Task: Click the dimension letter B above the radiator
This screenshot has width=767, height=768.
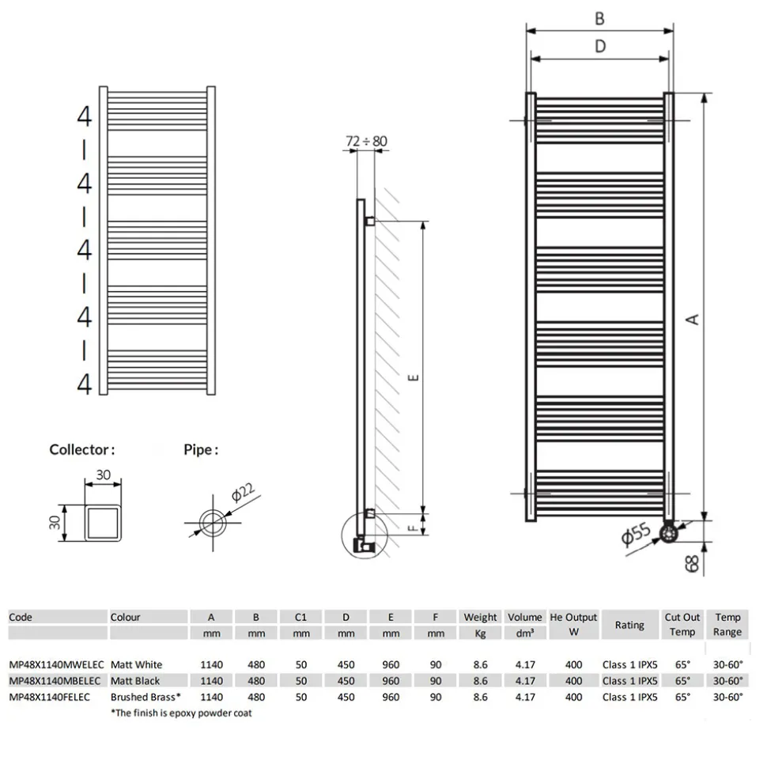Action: (x=599, y=19)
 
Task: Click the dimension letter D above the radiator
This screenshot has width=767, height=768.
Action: (x=600, y=47)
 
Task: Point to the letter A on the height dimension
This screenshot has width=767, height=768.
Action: (x=693, y=320)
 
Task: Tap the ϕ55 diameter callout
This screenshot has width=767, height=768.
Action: (x=636, y=534)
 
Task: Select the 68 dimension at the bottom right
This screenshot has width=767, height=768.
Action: (x=692, y=563)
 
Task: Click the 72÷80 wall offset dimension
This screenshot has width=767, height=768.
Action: (x=366, y=141)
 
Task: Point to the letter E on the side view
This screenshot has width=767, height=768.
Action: (x=414, y=377)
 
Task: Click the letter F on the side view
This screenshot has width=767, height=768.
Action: (x=413, y=528)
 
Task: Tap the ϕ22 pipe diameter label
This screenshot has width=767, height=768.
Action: (x=243, y=492)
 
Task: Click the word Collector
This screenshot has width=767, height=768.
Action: (x=79, y=449)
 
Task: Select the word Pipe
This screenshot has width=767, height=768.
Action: (x=198, y=449)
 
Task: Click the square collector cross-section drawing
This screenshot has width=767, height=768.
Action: (x=103, y=523)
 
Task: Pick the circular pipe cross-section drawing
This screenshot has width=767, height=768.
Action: (x=213, y=523)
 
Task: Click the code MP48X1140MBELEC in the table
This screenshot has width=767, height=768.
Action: (x=55, y=681)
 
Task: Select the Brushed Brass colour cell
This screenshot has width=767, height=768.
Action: (x=145, y=697)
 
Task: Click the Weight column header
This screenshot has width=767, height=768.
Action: (x=480, y=617)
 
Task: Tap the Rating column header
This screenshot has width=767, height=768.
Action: (x=629, y=625)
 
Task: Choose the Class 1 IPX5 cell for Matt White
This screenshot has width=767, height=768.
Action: (x=630, y=664)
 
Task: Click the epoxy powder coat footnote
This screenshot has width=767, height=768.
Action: (x=181, y=713)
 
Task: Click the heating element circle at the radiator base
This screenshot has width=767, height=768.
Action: (x=668, y=533)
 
